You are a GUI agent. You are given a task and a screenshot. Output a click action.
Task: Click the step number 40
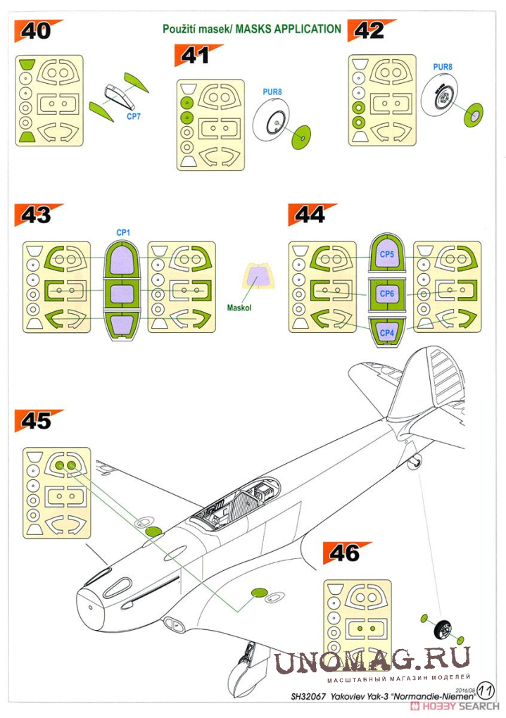[x=36, y=31]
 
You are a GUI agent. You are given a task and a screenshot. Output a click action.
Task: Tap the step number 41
[x=196, y=56]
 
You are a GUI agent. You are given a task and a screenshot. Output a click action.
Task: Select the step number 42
[x=369, y=31]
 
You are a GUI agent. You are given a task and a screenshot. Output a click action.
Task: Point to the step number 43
[x=36, y=215]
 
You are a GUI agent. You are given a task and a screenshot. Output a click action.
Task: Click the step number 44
[x=310, y=215]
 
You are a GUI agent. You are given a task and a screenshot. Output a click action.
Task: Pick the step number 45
[x=36, y=421]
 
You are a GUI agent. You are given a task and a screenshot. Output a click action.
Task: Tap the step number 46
[x=344, y=553]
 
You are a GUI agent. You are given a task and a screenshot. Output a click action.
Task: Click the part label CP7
[x=133, y=117]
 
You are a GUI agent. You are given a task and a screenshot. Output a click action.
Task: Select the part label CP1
[x=123, y=232]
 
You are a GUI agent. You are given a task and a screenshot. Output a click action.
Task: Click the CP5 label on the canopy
[x=387, y=254]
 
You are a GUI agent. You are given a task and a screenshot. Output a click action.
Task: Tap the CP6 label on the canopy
[x=387, y=294]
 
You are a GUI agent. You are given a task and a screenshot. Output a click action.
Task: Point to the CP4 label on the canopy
[x=387, y=333]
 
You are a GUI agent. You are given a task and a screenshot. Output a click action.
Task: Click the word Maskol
[x=239, y=308]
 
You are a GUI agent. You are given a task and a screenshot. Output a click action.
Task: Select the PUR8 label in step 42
[x=443, y=67]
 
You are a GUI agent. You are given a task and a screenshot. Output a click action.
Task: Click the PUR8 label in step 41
[x=272, y=92]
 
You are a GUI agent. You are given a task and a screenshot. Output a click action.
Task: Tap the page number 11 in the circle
[x=486, y=690]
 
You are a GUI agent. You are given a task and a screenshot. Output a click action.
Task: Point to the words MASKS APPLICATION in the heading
[x=288, y=29]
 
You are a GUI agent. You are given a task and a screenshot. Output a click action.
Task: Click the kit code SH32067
[x=308, y=696]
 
